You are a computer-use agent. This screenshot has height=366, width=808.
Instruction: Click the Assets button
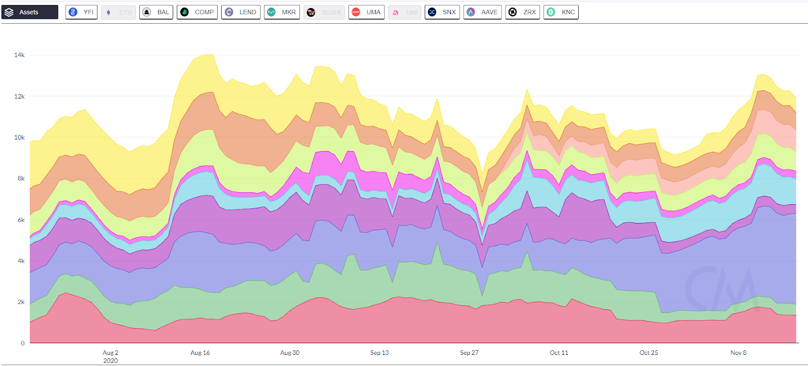30,12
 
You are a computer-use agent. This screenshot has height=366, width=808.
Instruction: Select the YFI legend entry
81,12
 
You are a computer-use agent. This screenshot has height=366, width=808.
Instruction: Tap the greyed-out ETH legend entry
119,12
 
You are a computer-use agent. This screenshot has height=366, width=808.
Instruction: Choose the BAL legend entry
156,12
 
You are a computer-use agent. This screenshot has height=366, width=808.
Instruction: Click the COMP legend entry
197,12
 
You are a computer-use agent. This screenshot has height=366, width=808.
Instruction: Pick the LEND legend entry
241,12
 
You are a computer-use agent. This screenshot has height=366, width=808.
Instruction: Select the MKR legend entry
282,12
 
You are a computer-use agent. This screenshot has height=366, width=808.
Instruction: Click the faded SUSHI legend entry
324,12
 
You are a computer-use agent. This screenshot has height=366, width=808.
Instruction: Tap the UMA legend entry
367,12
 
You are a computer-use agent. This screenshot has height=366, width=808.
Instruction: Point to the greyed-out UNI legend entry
405,12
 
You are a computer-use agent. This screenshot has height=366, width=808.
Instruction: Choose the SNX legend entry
442,12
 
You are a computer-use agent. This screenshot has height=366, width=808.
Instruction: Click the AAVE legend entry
482,12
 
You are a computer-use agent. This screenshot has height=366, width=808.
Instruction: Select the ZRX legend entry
523,12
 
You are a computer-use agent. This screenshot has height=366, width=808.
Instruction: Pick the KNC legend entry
561,12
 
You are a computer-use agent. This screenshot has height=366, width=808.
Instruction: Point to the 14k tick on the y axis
19,55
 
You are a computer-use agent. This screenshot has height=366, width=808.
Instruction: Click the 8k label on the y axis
21,178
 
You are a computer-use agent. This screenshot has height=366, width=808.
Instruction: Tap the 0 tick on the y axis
23,343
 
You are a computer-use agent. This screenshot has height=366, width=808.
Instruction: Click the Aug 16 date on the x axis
200,353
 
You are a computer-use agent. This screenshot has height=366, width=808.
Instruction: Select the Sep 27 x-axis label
469,353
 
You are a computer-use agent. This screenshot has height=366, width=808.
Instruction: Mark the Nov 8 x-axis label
738,353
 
